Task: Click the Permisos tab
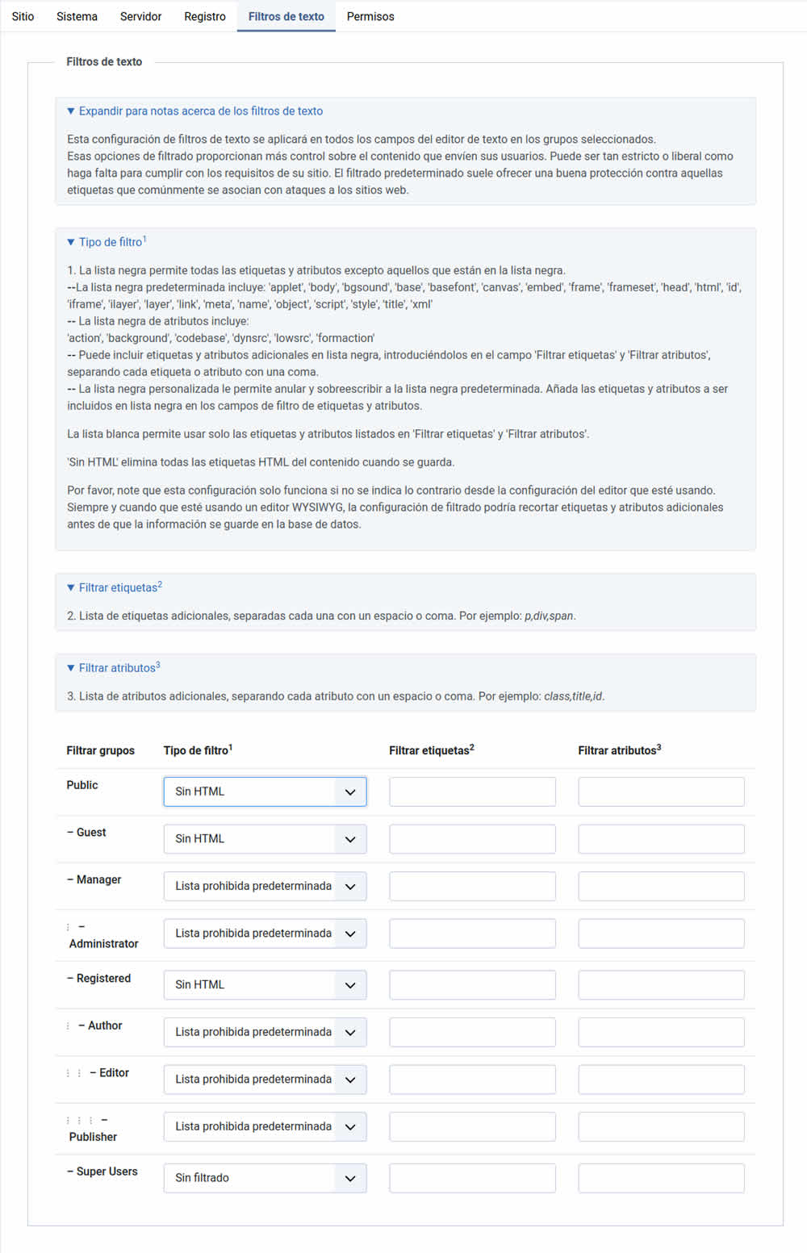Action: click(370, 16)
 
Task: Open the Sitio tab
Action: click(23, 16)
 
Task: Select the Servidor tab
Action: click(140, 16)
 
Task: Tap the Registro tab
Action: click(205, 16)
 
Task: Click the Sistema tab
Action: click(77, 16)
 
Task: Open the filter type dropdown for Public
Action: click(265, 791)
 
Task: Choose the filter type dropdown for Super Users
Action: click(265, 1178)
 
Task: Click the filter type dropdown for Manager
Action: click(265, 886)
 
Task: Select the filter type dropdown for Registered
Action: click(265, 984)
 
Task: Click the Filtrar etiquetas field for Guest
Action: click(472, 839)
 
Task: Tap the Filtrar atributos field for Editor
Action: click(661, 1080)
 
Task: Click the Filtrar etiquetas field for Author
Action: click(472, 1032)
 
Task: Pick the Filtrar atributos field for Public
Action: click(661, 791)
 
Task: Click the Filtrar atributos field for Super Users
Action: click(661, 1178)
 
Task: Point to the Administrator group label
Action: click(103, 943)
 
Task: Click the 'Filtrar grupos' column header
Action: click(100, 750)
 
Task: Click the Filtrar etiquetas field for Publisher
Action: click(472, 1126)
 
